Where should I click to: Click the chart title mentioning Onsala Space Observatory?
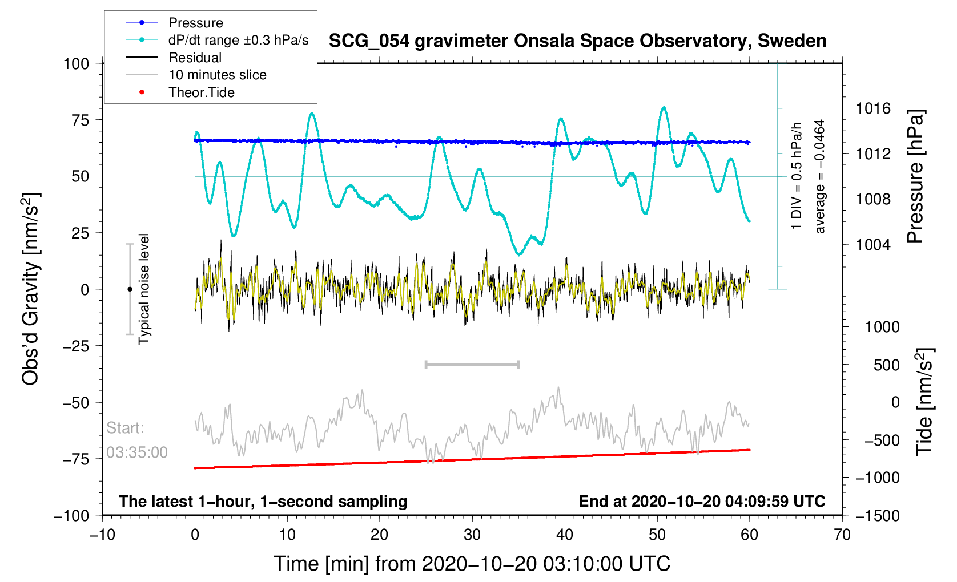[x=578, y=41]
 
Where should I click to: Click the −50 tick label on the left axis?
[x=75, y=402]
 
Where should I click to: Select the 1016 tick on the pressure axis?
[x=873, y=108]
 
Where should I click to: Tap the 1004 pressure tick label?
[x=873, y=245]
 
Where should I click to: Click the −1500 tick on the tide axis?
[x=877, y=515]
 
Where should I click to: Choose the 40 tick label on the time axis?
[x=564, y=535]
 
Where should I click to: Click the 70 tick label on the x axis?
[x=842, y=535]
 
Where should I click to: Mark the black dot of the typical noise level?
[x=130, y=289]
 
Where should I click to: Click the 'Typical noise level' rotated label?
[x=144, y=289]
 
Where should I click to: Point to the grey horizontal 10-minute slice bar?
[x=472, y=364]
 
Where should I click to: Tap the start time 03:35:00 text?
[x=136, y=452]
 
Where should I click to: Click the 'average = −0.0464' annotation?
[x=819, y=176]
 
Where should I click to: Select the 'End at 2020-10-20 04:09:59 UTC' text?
[x=702, y=502]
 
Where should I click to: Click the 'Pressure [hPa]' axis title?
[x=915, y=177]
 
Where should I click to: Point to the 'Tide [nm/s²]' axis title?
[x=924, y=402]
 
